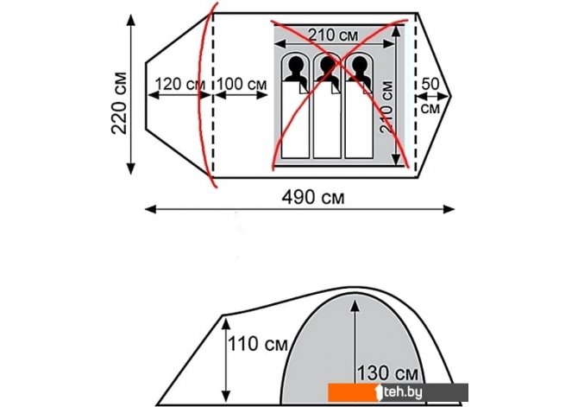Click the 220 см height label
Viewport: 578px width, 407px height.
pos(119,103)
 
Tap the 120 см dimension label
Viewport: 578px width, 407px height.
pos(179,84)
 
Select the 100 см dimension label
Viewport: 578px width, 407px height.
pos(242,84)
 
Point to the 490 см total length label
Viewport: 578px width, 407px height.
pos(313,197)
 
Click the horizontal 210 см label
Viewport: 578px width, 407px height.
pos(333,35)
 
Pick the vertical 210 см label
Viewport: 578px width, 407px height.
pos(386,107)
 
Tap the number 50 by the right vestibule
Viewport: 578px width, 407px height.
pos(430,84)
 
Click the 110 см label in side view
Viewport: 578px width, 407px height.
pos(257,344)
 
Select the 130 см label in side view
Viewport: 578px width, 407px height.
pos(388,373)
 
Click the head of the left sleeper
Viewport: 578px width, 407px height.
pos(295,66)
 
